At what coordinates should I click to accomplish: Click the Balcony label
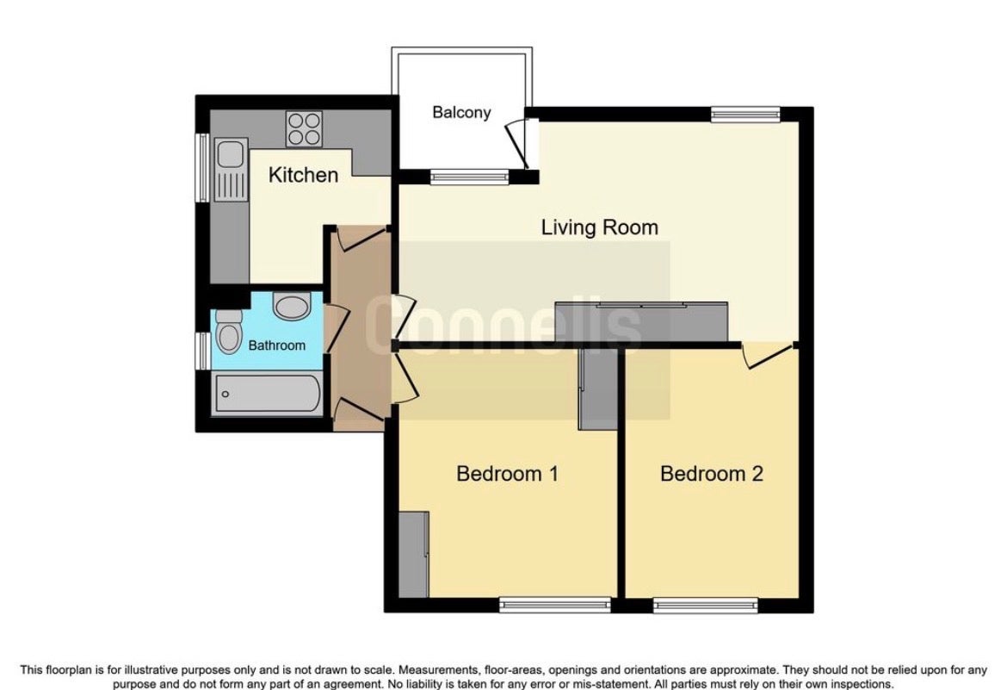pos(461,113)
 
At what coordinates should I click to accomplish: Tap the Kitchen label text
pos(303,175)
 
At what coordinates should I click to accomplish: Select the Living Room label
pos(600,227)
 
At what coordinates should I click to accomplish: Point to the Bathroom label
pos(277,345)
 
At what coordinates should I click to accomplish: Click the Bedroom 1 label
pos(507,474)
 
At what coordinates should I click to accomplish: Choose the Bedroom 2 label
pos(712,474)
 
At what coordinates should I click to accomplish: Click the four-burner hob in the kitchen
pos(305,129)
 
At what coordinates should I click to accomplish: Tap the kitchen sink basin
pos(229,153)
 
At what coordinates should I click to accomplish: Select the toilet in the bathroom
pos(229,331)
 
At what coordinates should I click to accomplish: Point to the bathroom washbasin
pos(292,306)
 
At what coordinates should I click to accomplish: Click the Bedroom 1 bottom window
pos(555,604)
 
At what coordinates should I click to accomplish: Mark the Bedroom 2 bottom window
pos(707,605)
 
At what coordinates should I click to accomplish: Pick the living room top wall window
pos(745,115)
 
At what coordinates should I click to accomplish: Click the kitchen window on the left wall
pos(203,167)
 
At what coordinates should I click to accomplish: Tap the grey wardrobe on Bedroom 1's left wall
pos(413,554)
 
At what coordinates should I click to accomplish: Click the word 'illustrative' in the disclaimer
pos(152,670)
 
